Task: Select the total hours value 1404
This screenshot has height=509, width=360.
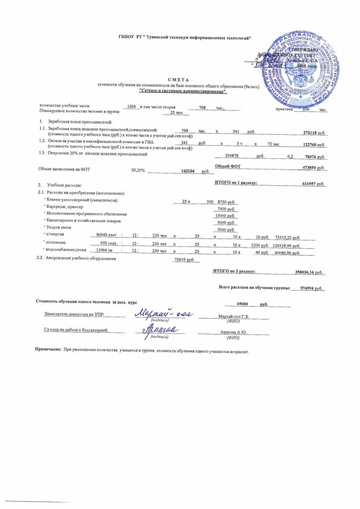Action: [131, 107]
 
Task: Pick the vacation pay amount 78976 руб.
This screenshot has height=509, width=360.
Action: [314, 157]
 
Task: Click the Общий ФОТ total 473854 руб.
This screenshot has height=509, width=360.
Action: [313, 168]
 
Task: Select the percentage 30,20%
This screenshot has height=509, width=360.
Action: [138, 170]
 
